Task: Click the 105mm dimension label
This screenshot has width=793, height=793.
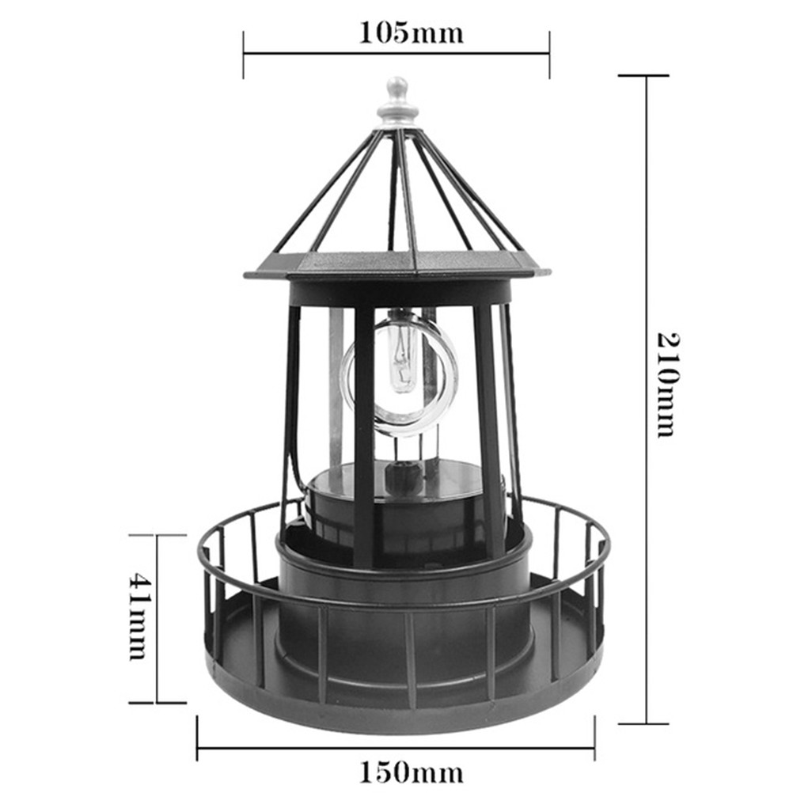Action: (x=411, y=32)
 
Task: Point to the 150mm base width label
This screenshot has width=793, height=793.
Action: (x=411, y=770)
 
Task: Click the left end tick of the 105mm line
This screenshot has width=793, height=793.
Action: (x=244, y=55)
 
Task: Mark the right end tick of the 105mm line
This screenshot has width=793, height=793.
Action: (x=549, y=55)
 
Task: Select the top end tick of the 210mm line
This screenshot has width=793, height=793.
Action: (x=644, y=76)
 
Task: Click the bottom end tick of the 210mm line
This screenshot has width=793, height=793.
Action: (x=644, y=723)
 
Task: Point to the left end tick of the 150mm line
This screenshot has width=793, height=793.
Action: (x=197, y=738)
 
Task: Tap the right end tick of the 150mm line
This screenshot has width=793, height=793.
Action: (x=594, y=738)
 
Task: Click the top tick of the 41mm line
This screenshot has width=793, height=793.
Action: (x=157, y=535)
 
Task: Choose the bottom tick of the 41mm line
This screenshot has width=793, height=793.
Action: (x=157, y=702)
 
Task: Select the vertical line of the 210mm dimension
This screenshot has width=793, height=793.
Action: (x=646, y=237)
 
